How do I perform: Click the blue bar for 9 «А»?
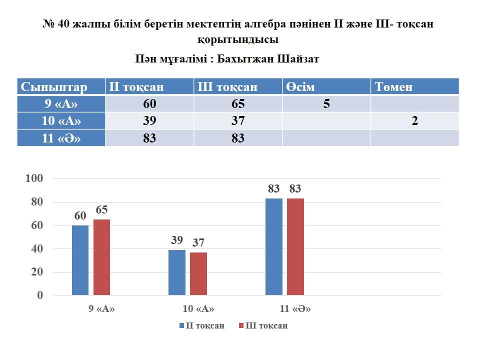pos(80,260)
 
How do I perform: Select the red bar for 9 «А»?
pos(101,257)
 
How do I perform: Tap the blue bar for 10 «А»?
pos(176,272)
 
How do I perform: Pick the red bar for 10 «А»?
pos(198,273)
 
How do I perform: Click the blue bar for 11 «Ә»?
pos(273,246)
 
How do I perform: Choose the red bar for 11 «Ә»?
pos(295,246)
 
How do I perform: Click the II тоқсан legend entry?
pos(201,325)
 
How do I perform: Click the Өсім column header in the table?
pos(300,86)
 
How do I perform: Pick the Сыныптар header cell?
pos(54,86)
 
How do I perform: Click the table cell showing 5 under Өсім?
pos(326,104)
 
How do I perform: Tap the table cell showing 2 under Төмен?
pos(414,121)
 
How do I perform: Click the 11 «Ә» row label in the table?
pos(61,138)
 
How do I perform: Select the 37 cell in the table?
pos(237,121)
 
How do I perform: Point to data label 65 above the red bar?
pos(102,210)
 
